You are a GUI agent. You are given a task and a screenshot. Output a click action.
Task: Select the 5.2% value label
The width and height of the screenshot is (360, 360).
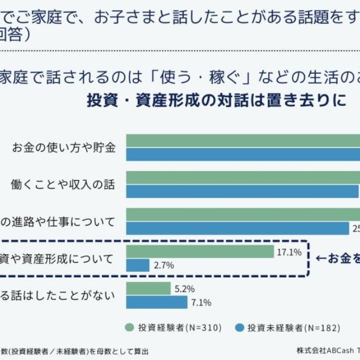click(x=184, y=289)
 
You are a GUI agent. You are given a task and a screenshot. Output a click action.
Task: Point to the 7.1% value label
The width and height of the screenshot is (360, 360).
click(x=201, y=303)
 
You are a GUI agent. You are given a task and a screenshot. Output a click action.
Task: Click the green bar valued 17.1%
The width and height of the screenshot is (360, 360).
click(x=200, y=252)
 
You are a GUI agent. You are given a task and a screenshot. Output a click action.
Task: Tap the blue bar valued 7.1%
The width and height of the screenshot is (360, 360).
click(x=156, y=303)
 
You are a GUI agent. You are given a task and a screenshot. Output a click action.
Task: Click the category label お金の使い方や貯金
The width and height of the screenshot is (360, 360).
click(x=64, y=148)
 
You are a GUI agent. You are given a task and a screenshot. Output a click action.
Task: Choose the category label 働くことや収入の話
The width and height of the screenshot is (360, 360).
click(x=62, y=184)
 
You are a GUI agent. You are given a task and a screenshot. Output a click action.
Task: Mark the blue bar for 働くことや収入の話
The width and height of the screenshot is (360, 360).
click(x=242, y=191)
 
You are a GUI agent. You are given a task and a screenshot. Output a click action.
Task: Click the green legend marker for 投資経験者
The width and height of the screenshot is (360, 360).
click(x=129, y=327)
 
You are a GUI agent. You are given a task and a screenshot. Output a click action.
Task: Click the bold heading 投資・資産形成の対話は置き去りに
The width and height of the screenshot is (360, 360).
click(x=215, y=101)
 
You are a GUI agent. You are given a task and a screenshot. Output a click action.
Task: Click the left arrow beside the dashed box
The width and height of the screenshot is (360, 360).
click(x=321, y=259)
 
